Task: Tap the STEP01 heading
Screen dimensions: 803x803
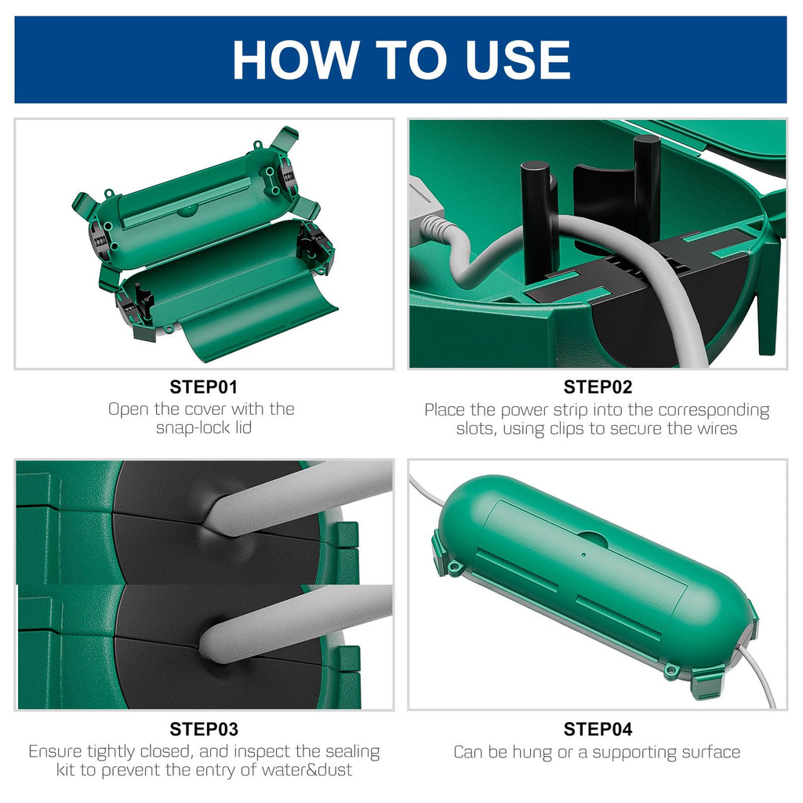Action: [204, 387]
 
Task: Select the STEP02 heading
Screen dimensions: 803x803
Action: [598, 387]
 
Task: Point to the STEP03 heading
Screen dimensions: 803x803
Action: [204, 729]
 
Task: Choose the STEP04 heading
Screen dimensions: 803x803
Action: [598, 729]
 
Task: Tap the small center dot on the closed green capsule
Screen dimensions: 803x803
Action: [583, 554]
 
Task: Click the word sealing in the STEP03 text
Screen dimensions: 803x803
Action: [353, 752]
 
